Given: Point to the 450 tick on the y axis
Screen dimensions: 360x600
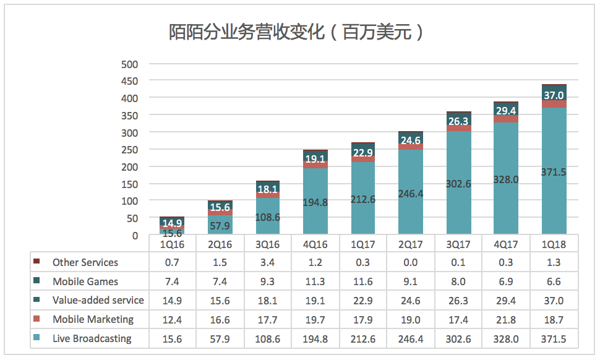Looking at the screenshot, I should point(130,81).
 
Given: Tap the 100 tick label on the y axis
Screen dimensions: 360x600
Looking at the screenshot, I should point(130,201).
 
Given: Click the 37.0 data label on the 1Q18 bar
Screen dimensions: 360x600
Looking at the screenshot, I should point(554,95).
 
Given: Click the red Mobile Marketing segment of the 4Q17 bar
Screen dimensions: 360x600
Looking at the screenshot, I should point(506,118).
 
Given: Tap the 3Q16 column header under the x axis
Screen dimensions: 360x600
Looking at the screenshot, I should point(268,244).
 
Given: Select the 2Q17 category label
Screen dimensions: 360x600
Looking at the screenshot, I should point(411,244).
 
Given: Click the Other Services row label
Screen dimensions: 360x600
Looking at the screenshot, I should point(85,262).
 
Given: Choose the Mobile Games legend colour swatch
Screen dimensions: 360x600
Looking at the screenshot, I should point(36,281).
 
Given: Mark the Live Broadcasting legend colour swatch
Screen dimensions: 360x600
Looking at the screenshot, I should point(36,338).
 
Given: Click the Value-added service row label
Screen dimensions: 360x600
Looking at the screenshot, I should point(98,300).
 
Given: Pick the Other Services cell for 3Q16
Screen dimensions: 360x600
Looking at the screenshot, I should point(268,262).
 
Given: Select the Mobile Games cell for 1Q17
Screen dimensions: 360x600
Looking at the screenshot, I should point(363,281).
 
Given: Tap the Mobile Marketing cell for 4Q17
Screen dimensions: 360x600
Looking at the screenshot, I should point(506,319).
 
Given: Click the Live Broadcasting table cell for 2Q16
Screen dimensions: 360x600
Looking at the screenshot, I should point(220,338).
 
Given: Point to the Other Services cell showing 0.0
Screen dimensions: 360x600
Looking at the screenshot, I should point(411,262).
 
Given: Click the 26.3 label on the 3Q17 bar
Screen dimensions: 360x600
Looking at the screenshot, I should point(458,121).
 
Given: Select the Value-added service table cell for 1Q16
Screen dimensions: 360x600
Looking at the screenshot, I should point(172,300).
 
